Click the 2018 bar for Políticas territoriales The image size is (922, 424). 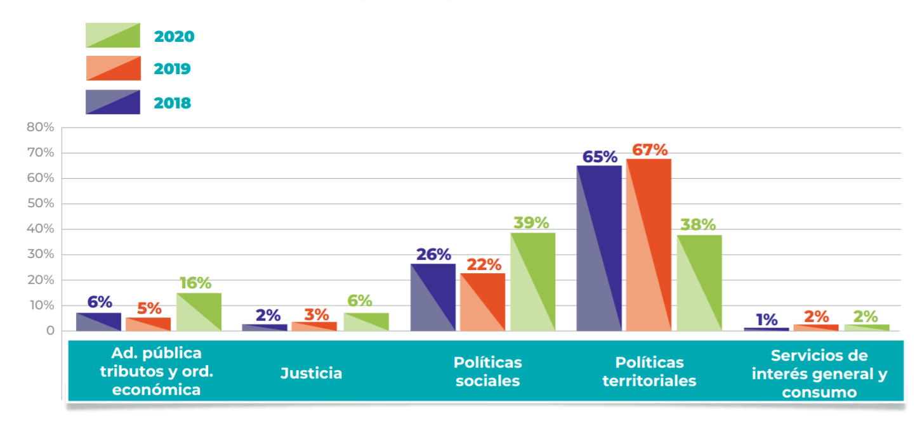[x=598, y=248]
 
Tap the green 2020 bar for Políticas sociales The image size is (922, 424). [x=532, y=281]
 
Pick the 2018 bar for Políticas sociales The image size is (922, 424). [x=433, y=297]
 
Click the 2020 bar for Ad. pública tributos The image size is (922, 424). [x=199, y=312]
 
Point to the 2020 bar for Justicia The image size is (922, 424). [x=366, y=322]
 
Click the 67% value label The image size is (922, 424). [x=650, y=150]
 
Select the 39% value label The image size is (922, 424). [x=531, y=223]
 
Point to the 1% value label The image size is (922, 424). [x=767, y=319]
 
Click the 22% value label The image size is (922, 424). [x=484, y=264]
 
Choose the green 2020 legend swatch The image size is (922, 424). [x=113, y=35]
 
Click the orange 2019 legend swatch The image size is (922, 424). [x=113, y=68]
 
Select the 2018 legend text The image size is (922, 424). [x=172, y=103]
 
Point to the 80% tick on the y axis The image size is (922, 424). [x=40, y=127]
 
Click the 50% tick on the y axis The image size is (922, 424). [x=40, y=204]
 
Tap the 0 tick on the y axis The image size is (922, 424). [x=49, y=331]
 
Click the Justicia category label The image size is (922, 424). [x=311, y=373]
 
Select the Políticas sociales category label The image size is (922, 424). [x=487, y=371]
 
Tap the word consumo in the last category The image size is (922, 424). [x=819, y=392]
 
